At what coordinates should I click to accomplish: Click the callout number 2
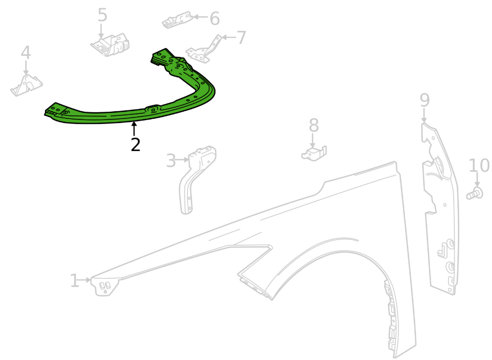coord(135,145)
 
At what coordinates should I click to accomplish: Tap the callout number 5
coord(102,15)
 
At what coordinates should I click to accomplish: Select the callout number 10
coord(479,165)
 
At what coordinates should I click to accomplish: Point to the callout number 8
coord(314,125)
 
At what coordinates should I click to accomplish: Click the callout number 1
coord(74,280)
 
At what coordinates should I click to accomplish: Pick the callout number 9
coord(424,100)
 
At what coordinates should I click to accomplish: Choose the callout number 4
coord(26,52)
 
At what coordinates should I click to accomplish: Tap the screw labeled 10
coord(474,193)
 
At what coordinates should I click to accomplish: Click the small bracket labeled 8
coord(314,153)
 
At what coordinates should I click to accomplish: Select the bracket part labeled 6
coord(177,20)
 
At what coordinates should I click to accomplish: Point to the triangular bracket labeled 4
coord(26,85)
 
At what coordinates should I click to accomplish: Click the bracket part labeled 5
coord(110,46)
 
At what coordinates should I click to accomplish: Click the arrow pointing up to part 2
coord(134,129)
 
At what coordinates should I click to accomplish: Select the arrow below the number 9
coord(424,115)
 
